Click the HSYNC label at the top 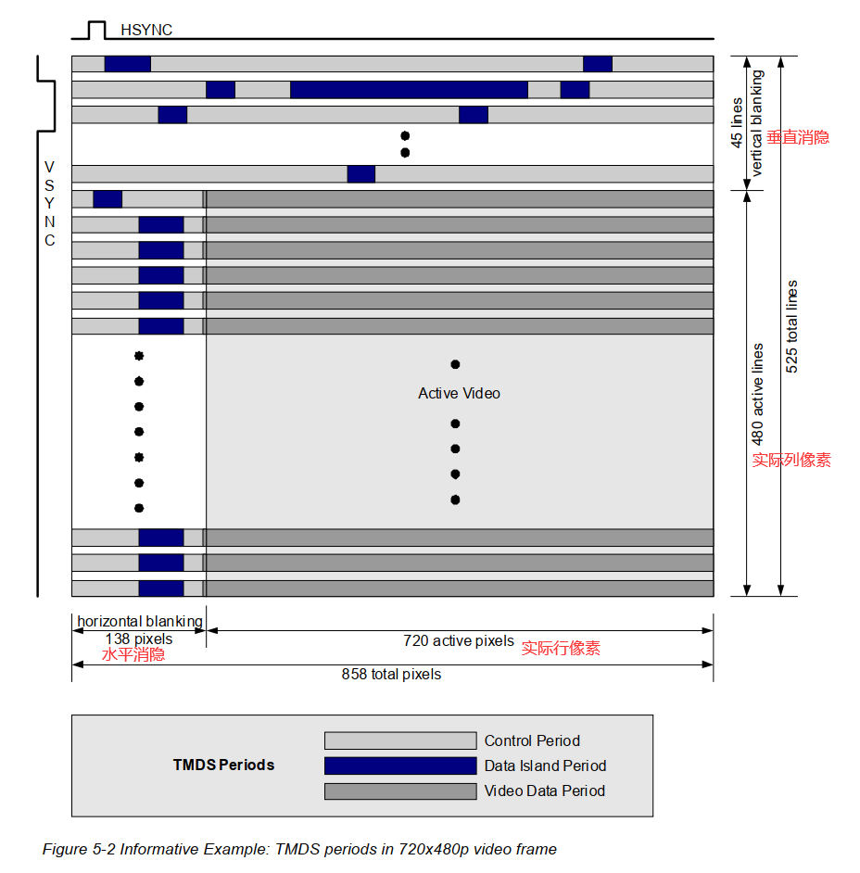[x=146, y=31]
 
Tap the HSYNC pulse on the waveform [x=97, y=30]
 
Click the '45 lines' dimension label [x=737, y=122]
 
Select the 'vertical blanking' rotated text [x=756, y=123]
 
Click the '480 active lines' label [x=758, y=394]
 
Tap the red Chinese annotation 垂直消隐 [x=798, y=137]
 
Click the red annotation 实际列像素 [x=791, y=460]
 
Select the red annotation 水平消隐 [x=133, y=654]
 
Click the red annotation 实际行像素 [x=561, y=649]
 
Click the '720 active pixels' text [x=459, y=640]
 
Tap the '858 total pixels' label [x=391, y=675]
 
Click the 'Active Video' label [x=459, y=393]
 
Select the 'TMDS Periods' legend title [x=223, y=765]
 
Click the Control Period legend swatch [x=400, y=740]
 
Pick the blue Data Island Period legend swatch [x=400, y=765]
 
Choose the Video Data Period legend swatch [x=400, y=791]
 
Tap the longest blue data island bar [x=409, y=90]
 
